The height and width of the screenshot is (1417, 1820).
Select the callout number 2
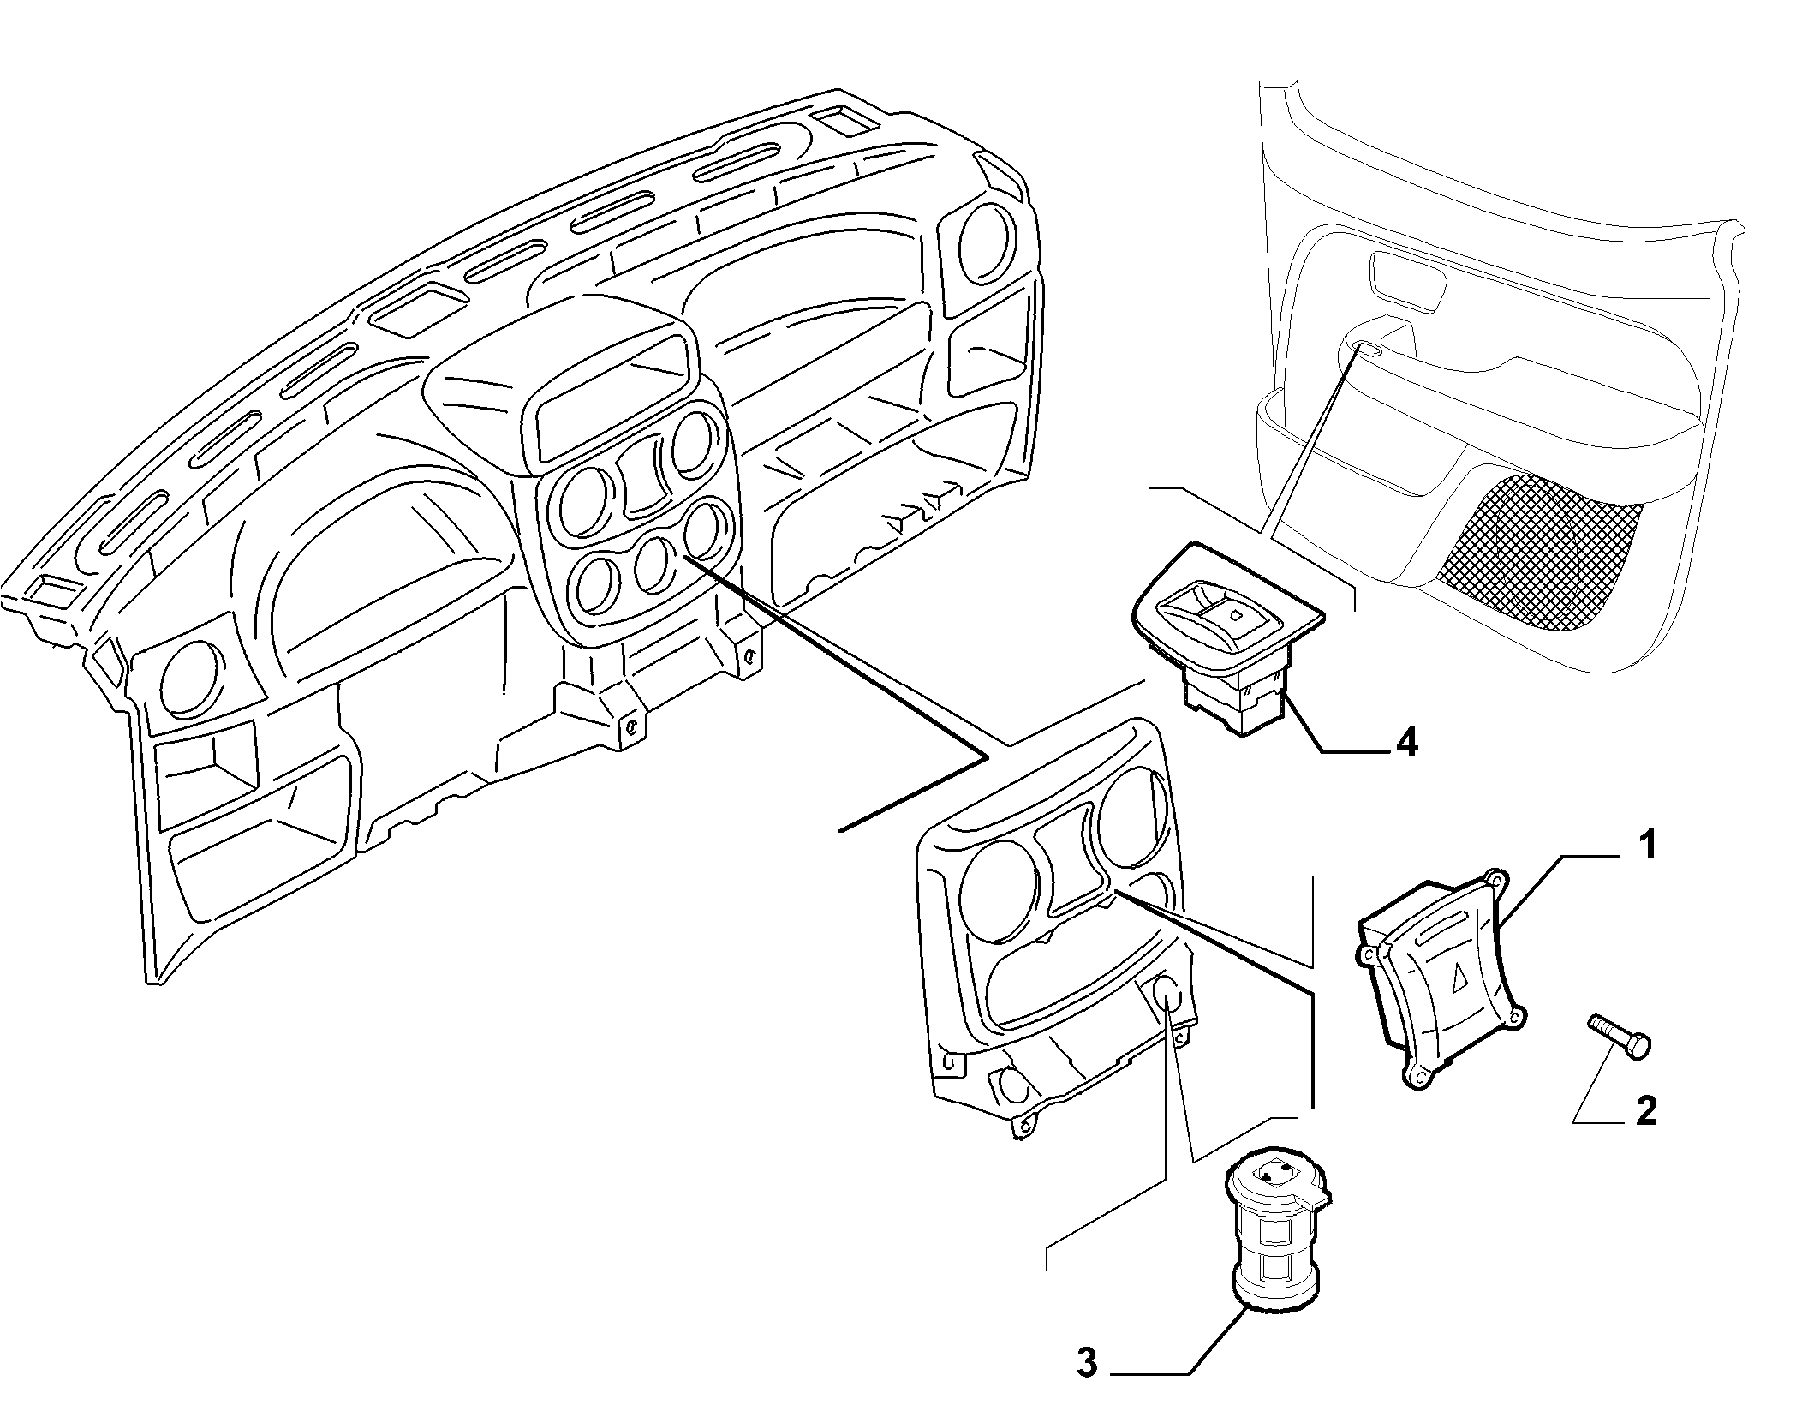(x=1645, y=1111)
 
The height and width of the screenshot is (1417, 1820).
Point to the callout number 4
(x=1406, y=743)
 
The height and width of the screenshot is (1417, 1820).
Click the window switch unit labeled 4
(x=1226, y=632)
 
